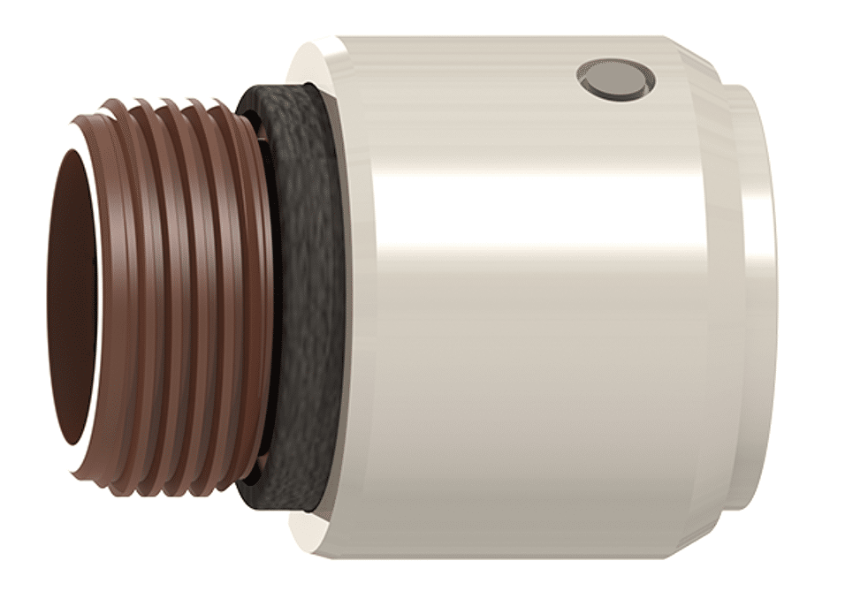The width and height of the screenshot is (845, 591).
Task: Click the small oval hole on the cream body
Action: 616,80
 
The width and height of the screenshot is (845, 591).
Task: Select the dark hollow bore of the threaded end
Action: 71,300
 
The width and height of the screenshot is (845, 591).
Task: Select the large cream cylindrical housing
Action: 530,353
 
